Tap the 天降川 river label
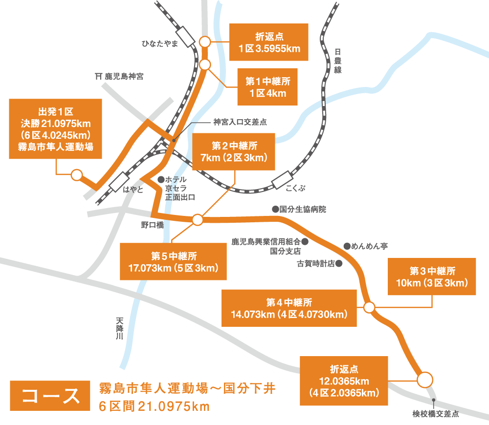[120, 331]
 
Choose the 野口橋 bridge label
[152, 224]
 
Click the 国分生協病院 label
[302, 209]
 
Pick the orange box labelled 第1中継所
[267, 86]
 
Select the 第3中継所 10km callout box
[432, 276]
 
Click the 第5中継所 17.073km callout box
[174, 262]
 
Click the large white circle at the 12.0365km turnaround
[424, 379]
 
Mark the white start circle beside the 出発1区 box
[76, 174]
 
